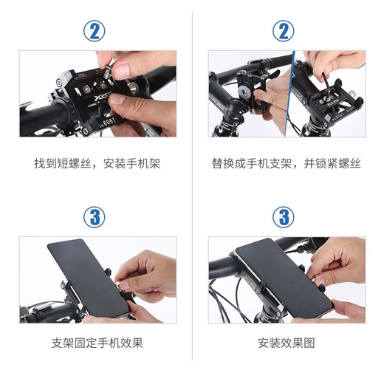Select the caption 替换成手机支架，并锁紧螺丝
click(x=287, y=163)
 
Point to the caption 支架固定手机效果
click(x=97, y=343)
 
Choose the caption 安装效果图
click(x=287, y=343)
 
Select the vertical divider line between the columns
click(x=192, y=192)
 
